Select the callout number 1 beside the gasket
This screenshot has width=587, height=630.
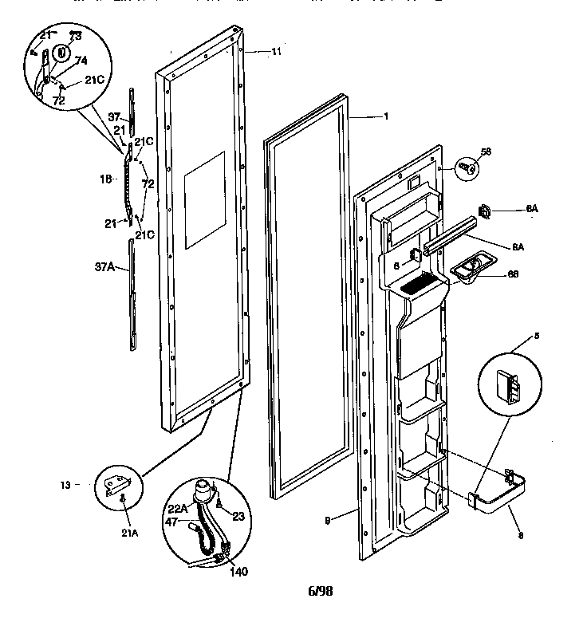click(x=386, y=117)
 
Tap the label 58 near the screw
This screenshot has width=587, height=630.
click(x=486, y=151)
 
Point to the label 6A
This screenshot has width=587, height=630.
click(x=532, y=209)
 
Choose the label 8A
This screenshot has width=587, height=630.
click(x=518, y=247)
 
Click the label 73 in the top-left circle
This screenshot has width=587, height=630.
click(x=75, y=37)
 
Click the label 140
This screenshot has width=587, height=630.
click(x=237, y=571)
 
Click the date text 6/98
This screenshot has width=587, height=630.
click(x=321, y=592)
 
